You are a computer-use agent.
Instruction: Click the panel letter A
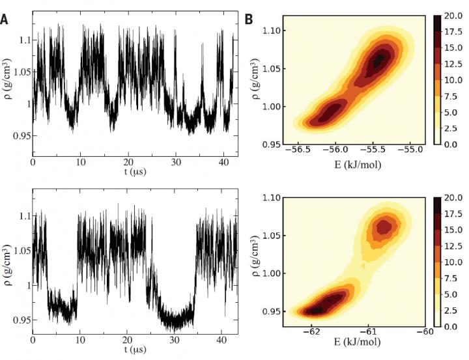(5, 20)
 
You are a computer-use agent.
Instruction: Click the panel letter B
(248, 20)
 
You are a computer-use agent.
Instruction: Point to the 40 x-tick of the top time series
(223, 159)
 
